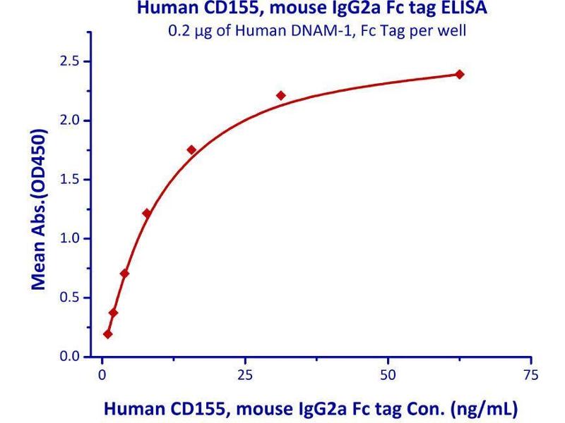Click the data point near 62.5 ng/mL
460,74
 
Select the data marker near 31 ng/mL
280,95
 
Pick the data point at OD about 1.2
147,213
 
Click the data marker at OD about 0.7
124,274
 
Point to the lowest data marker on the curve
107,334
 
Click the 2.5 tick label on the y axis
69,61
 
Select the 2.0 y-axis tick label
69,121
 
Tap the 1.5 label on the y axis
69,180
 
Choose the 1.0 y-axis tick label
69,239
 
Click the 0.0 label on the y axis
69,357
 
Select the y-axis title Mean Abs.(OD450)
40,209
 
